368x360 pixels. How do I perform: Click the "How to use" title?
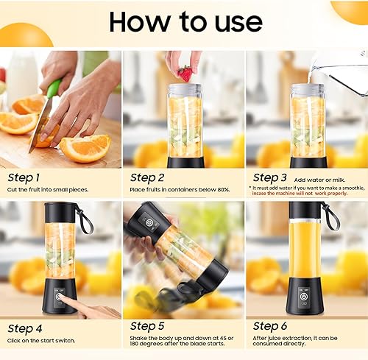tap(185, 22)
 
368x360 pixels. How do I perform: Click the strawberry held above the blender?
tap(185, 74)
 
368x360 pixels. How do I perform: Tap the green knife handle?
tap(53, 89)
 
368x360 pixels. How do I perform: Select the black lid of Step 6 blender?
tap(305, 210)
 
